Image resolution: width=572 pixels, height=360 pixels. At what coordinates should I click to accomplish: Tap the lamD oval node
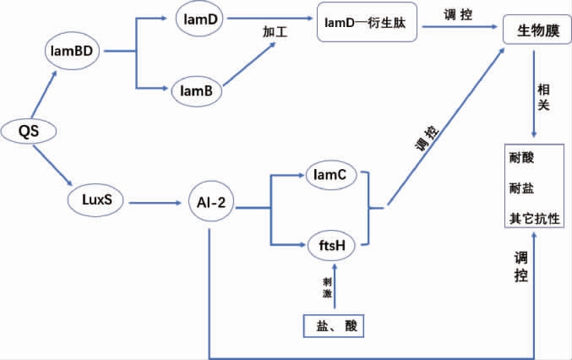coord(200,17)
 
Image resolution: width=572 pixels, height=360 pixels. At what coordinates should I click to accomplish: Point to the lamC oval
coord(331,175)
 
